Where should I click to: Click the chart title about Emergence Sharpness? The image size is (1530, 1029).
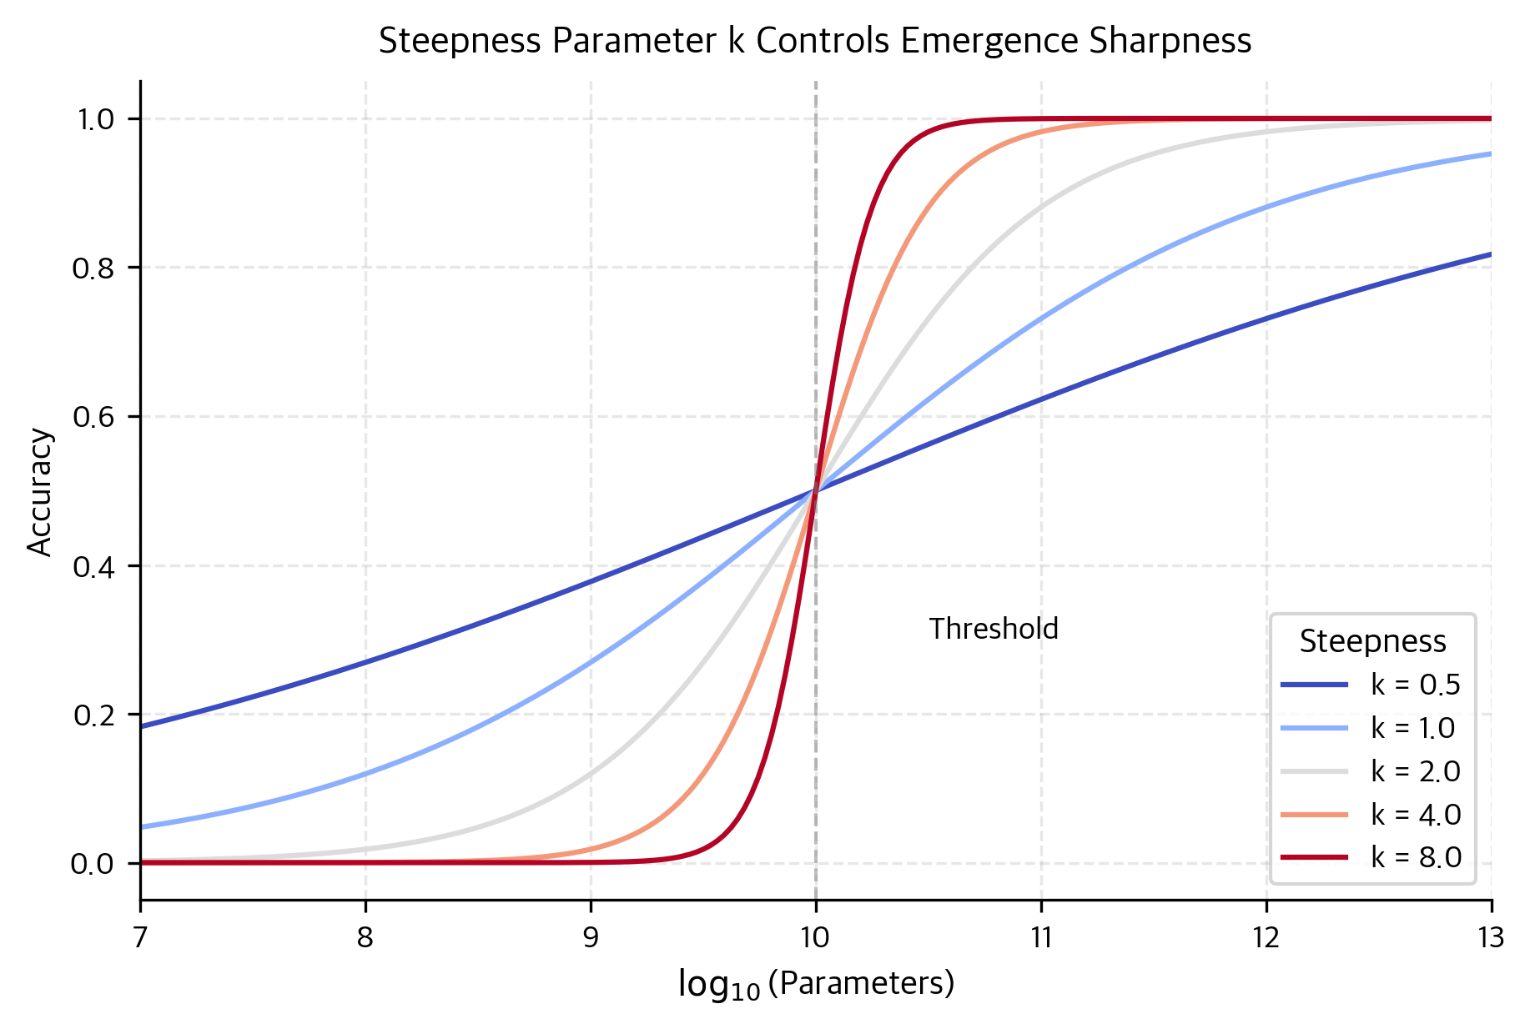[x=815, y=41]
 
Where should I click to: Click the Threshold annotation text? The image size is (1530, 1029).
[x=994, y=629]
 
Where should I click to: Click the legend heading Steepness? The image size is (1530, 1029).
[x=1372, y=641]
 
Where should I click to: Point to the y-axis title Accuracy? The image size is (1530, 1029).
[x=40, y=491]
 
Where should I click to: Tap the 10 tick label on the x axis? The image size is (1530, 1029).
[x=815, y=938]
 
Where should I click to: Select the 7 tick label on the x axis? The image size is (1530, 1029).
[x=140, y=938]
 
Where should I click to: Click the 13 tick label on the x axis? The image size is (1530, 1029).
[x=1490, y=938]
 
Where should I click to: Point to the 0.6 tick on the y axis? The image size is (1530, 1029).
[x=93, y=417]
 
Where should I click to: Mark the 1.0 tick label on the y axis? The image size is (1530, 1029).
[x=93, y=119]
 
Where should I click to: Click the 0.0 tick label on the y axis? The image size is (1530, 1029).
[x=93, y=864]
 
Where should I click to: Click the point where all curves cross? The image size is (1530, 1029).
[x=815, y=491]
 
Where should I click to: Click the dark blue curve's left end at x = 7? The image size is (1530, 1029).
[x=142, y=726]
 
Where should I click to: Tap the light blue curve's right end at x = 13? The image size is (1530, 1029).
[x=1490, y=153]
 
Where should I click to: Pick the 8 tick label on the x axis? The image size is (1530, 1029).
[x=365, y=938]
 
